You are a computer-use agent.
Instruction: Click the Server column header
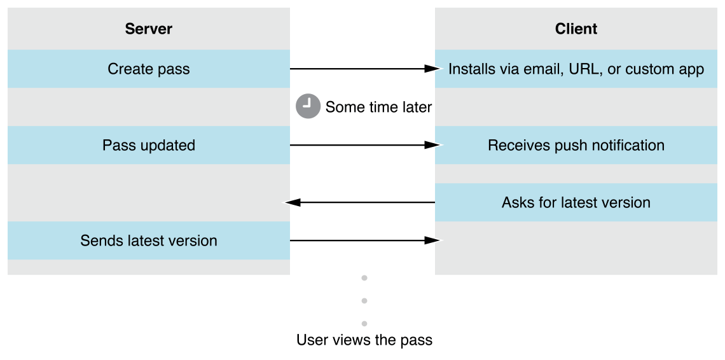[148, 29]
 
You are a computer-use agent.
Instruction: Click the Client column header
[576, 29]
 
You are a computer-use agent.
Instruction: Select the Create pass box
[148, 69]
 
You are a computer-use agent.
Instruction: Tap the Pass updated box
[148, 145]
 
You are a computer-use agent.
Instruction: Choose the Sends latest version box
[148, 240]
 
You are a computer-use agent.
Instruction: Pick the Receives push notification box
[576, 145]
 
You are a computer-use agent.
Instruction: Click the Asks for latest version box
[576, 202]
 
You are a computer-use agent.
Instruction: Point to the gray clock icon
[307, 107]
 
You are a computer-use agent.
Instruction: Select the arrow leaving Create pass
[362, 69]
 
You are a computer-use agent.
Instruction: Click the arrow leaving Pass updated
[362, 145]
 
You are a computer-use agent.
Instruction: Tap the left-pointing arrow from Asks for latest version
[362, 202]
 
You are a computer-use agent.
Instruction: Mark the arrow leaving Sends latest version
[362, 240]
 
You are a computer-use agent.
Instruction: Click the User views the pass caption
[364, 340]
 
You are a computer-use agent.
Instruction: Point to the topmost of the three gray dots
[364, 278]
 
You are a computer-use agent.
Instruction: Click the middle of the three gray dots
[364, 300]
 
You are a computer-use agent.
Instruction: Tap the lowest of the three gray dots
[364, 323]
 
